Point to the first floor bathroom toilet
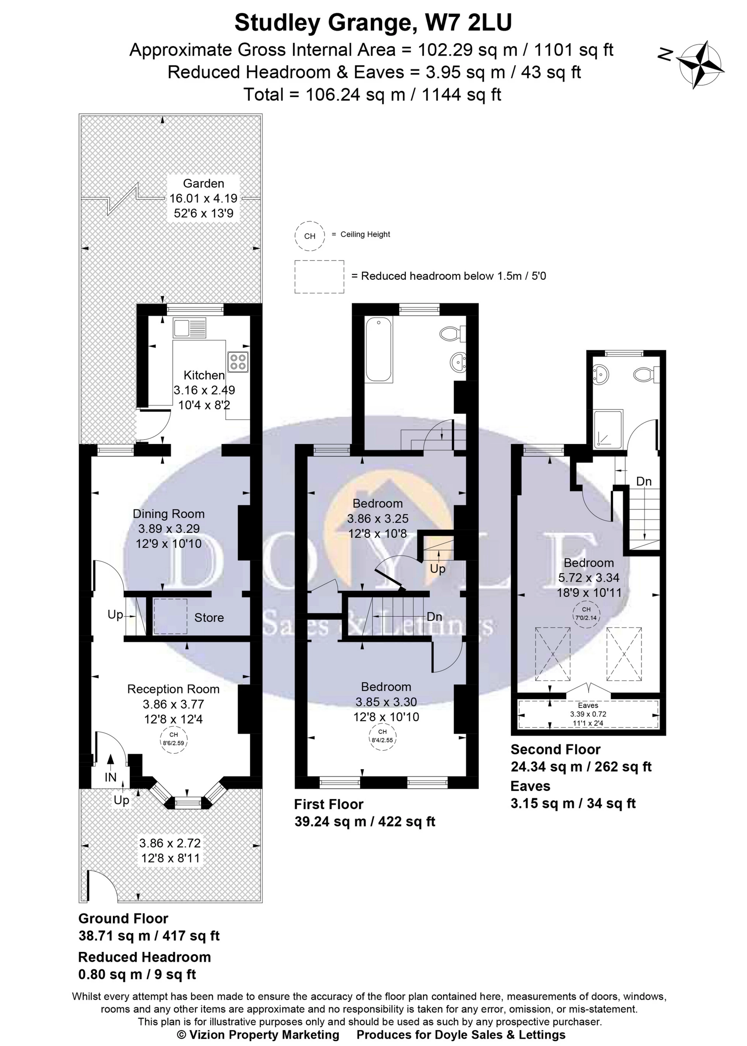pos(453,334)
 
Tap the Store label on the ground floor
pos(209,617)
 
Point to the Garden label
pos(203,183)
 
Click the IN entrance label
pos(110,777)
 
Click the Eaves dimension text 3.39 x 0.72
pos(588,714)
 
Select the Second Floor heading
pos(555,749)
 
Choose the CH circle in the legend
pos(309,236)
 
